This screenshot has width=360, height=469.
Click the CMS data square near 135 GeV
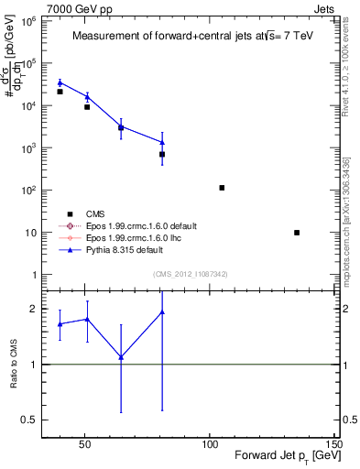(x=297, y=233)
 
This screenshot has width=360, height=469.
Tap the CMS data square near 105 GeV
(x=222, y=188)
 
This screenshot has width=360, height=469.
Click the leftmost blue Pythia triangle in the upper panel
(x=60, y=82)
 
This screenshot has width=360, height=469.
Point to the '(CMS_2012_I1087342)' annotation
(x=190, y=274)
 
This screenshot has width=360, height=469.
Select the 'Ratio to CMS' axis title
(x=16, y=365)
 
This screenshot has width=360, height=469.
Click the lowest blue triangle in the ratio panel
(x=121, y=357)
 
